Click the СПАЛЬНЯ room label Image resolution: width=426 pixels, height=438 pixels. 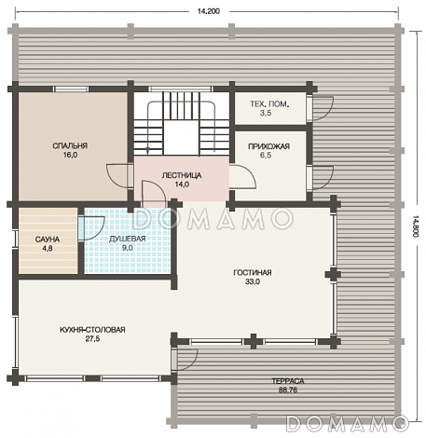coord(70,145)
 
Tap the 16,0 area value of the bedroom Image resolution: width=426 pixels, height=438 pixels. coord(70,155)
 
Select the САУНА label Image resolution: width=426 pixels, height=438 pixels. coord(48,240)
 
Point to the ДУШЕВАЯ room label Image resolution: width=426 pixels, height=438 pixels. coord(128,239)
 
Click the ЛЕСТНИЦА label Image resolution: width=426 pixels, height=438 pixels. coord(182,175)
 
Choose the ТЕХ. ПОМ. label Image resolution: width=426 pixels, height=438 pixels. coord(269,103)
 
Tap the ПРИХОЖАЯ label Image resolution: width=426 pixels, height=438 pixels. coord(268,146)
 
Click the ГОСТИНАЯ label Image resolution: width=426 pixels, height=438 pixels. coord(253,272)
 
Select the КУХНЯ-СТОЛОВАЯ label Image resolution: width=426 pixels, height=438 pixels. coord(92,330)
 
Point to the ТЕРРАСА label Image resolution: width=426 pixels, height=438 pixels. coord(288,381)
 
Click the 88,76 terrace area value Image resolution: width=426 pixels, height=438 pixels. coord(288,390)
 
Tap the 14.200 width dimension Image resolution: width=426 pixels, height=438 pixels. coord(209,11)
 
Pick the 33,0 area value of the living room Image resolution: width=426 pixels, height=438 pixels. coord(253,281)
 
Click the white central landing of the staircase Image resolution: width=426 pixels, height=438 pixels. coord(181,138)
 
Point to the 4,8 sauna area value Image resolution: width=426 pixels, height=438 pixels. coord(48,248)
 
